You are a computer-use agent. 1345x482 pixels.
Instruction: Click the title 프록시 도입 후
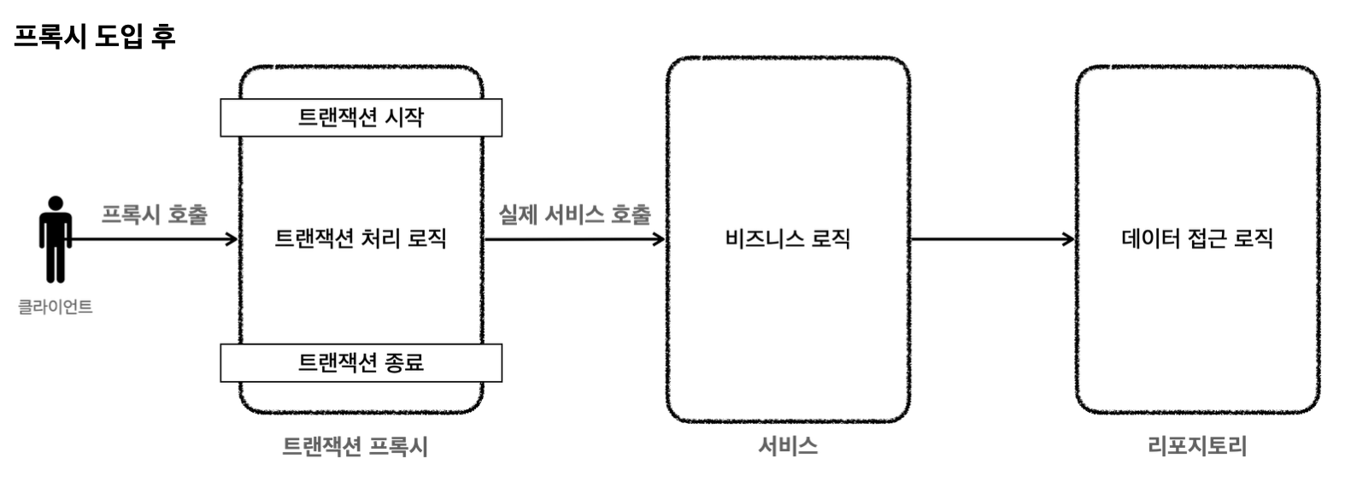click(x=95, y=36)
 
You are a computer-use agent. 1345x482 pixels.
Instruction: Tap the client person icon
click(x=56, y=241)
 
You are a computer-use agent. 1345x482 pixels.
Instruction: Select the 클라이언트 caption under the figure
click(x=56, y=307)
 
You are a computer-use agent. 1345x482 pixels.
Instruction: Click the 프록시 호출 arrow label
click(x=155, y=214)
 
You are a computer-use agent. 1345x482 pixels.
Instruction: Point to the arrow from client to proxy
click(x=154, y=239)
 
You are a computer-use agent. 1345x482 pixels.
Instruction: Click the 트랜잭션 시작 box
click(x=361, y=117)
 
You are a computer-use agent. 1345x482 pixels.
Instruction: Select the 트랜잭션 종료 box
click(x=361, y=363)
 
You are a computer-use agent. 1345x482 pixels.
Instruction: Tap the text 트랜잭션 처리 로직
click(x=361, y=238)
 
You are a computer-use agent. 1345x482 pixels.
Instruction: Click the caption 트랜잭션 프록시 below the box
click(x=355, y=446)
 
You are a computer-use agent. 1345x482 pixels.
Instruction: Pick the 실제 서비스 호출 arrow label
click(x=574, y=214)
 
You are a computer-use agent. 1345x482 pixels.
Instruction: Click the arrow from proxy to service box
click(x=574, y=239)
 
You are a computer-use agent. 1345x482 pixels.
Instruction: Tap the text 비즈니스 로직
click(x=787, y=238)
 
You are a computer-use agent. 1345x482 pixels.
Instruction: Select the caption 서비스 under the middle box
click(x=787, y=446)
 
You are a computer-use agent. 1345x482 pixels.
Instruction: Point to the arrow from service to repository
click(x=991, y=239)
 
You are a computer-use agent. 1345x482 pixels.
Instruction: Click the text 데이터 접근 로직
click(x=1196, y=238)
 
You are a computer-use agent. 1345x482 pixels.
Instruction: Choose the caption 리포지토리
click(x=1196, y=446)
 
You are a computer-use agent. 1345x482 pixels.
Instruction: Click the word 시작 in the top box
click(x=403, y=117)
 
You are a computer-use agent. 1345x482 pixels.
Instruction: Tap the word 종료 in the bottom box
click(x=404, y=363)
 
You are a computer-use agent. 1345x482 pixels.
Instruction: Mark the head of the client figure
click(x=56, y=203)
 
